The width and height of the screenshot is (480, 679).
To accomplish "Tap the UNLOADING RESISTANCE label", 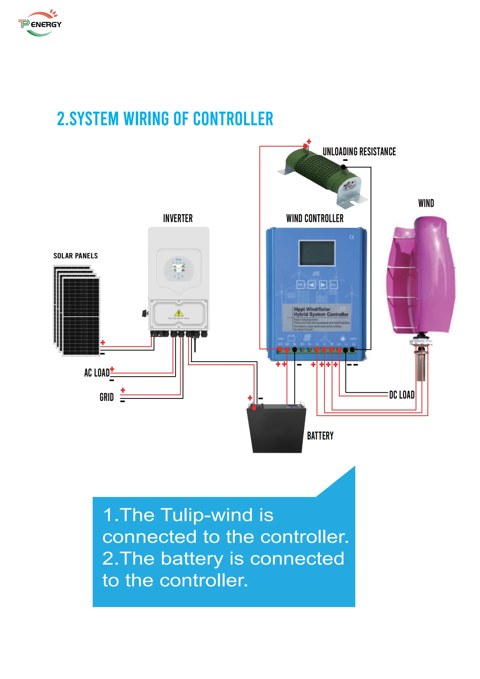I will tap(359, 152).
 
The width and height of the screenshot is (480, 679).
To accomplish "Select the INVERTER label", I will tap(178, 219).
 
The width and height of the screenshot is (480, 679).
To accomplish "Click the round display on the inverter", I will tap(178, 269).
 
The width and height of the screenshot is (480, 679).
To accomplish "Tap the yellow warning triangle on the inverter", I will tap(178, 313).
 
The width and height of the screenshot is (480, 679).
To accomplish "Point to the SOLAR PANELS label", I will tap(75, 256).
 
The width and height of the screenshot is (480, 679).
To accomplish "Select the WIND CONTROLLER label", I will tap(315, 219).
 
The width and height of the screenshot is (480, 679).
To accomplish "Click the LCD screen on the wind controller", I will tap(317, 253).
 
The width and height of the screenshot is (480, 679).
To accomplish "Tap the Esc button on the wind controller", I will tap(333, 284).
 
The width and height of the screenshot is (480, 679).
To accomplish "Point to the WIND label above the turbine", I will tap(426, 203).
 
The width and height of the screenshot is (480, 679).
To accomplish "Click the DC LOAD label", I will tap(402, 395).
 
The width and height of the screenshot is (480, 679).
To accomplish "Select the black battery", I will tap(277, 429).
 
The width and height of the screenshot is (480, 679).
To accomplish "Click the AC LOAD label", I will tap(97, 373).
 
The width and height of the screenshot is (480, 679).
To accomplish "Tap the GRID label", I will tap(107, 397).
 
